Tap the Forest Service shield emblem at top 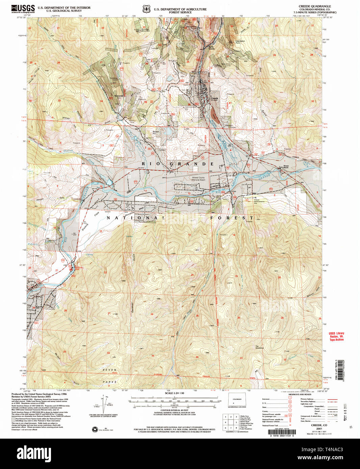pos(146,9)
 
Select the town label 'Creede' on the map pos(214,99)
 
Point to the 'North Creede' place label pos(211,48)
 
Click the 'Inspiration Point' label pos(240,42)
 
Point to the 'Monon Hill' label pos(156,133)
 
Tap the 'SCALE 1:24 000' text pos(175,393)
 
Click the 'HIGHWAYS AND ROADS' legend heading pos(300,394)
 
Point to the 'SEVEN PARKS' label pos(110,376)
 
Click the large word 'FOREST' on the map pos(231,218)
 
